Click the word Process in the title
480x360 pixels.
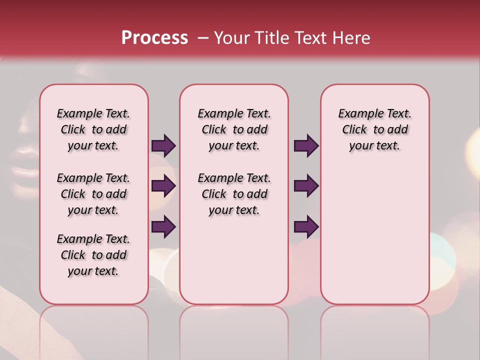(154, 38)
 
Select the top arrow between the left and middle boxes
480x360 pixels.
(163, 145)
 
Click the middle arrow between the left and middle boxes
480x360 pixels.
(163, 186)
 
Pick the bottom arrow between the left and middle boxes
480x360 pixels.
(163, 226)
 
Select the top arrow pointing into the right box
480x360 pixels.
(306, 145)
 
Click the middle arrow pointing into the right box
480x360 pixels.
(306, 186)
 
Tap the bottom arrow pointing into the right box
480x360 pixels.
(306, 226)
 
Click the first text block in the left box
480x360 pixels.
(93, 129)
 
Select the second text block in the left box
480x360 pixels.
(93, 194)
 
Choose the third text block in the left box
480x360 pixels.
(93, 255)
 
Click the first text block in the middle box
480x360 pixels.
(234, 129)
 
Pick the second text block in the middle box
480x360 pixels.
(234, 194)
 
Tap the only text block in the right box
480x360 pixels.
(375, 129)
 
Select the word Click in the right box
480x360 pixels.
(354, 130)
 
